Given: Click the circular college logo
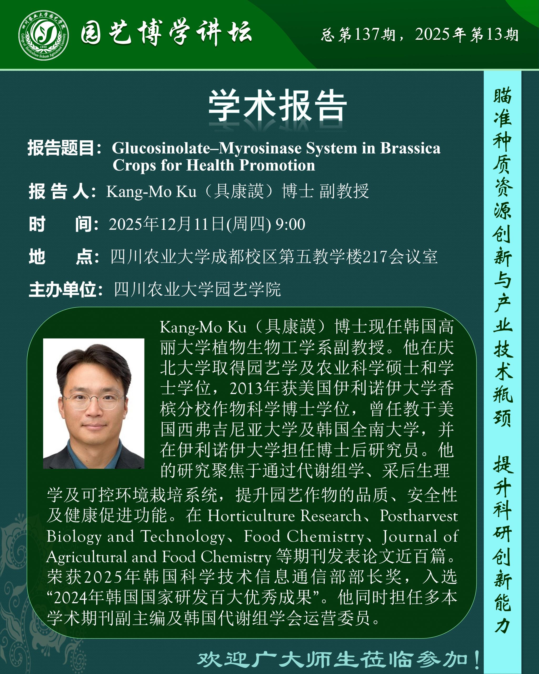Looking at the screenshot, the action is [43, 35].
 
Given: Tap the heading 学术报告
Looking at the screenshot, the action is [278, 105].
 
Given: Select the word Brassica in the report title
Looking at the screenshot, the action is [410, 148].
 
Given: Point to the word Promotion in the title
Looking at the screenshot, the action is [277, 165].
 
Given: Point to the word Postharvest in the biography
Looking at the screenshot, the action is [419, 516].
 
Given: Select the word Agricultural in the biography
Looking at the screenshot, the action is [87, 557].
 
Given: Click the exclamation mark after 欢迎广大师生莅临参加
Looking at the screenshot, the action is [476, 659].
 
